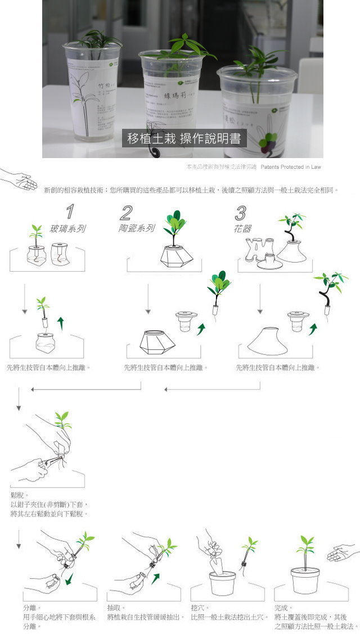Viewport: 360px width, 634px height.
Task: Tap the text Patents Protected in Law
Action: [x=291, y=167]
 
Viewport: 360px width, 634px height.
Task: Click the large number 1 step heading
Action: [x=70, y=212]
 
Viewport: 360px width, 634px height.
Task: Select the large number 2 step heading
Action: [x=126, y=213]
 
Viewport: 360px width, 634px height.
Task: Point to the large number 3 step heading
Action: [x=240, y=213]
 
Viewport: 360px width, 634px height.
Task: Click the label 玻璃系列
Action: [x=67, y=229]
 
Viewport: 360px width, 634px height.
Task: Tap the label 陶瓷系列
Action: [x=136, y=228]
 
